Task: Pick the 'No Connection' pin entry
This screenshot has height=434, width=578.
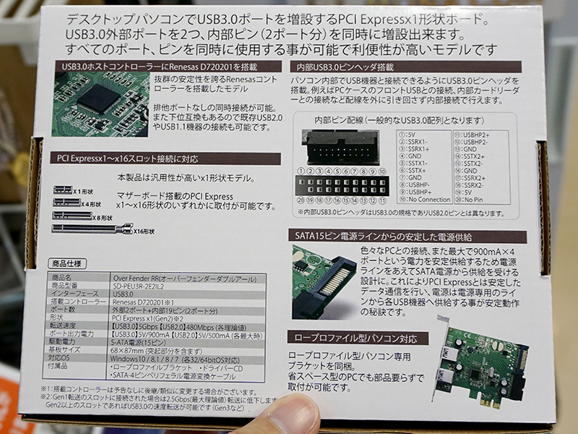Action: pyautogui.click(x=428, y=199)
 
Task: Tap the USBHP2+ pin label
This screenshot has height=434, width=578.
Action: pyautogui.click(x=474, y=134)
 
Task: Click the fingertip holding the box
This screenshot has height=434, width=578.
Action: pyautogui.click(x=275, y=416)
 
